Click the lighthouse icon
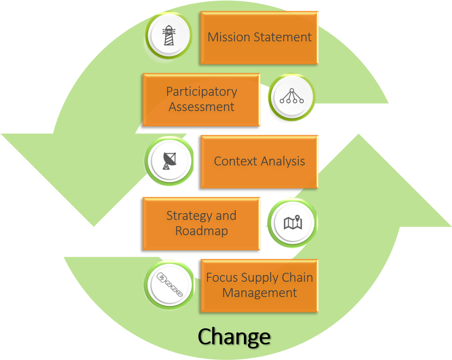169,35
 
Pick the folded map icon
292,223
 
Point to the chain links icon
170,285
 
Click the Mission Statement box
259,38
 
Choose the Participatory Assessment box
201,100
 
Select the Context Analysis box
259,161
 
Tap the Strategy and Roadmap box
201,223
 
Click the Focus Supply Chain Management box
259,285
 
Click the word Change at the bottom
234,336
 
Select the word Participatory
201,92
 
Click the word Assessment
201,107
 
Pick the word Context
235,161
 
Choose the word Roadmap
201,231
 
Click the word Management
260,293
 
